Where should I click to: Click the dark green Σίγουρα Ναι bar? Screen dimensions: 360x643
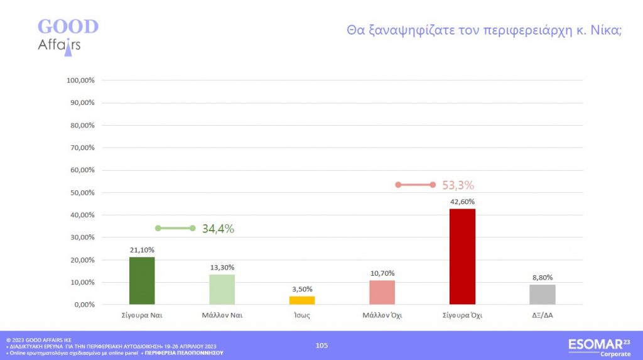pyautogui.click(x=142, y=281)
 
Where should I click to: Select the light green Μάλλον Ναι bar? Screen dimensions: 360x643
pyautogui.click(x=222, y=290)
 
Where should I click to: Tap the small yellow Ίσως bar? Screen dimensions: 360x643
pyautogui.click(x=302, y=300)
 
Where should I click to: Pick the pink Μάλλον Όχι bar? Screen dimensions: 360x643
pyautogui.click(x=382, y=292)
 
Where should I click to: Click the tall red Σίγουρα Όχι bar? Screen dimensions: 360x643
pyautogui.click(x=463, y=257)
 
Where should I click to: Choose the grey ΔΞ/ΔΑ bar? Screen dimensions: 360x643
pyautogui.click(x=543, y=295)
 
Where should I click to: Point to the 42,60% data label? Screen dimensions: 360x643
pyautogui.click(x=463, y=202)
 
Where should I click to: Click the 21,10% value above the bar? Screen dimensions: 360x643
pyautogui.click(x=142, y=250)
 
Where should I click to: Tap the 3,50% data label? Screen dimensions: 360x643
pyautogui.click(x=302, y=289)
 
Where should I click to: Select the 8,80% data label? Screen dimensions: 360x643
pyautogui.click(x=543, y=277)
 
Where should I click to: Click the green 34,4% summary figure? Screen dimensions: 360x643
pyautogui.click(x=218, y=229)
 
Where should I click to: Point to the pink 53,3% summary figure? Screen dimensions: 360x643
pyautogui.click(x=458, y=185)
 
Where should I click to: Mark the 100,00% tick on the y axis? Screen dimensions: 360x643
pyautogui.click(x=80, y=80)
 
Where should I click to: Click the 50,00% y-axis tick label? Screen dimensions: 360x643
pyautogui.click(x=81, y=193)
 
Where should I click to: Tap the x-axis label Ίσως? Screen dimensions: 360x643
pyautogui.click(x=302, y=316)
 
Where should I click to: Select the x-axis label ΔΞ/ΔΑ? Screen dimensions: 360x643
pyautogui.click(x=543, y=316)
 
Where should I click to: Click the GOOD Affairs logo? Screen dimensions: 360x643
pyautogui.click(x=68, y=35)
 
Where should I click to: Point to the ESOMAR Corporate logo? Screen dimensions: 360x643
pyautogui.click(x=598, y=347)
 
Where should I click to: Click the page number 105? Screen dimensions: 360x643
pyautogui.click(x=321, y=345)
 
